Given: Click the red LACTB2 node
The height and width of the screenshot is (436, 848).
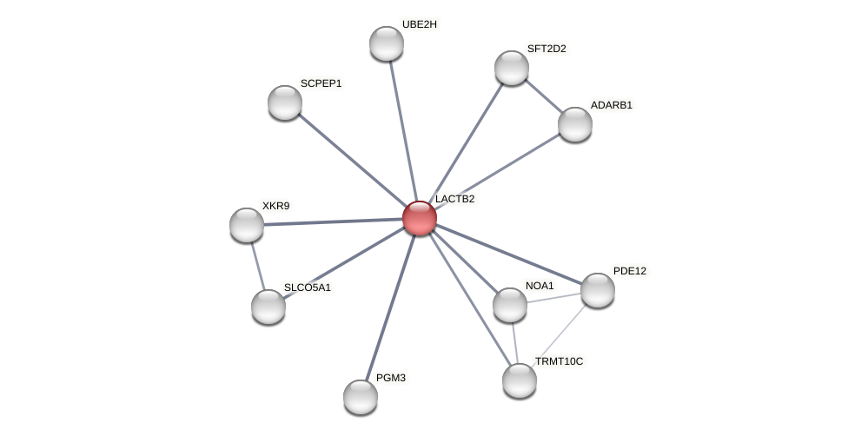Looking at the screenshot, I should (420, 218).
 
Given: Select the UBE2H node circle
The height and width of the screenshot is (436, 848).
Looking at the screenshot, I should (387, 43).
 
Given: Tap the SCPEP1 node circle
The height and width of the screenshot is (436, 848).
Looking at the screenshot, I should (285, 102).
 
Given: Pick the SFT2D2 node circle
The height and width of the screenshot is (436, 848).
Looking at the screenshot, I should (512, 68).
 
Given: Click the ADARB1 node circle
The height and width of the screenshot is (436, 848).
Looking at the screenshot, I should (575, 124).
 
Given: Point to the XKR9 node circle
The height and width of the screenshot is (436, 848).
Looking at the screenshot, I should (247, 225).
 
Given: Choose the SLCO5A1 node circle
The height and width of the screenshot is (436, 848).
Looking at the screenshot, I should (268, 307).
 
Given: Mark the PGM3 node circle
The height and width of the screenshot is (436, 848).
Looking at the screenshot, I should (361, 397).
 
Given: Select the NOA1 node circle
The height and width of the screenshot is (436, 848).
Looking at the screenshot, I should (510, 305).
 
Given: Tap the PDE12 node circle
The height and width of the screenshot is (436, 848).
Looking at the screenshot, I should (598, 290).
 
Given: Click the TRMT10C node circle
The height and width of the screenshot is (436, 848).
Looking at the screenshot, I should (520, 380).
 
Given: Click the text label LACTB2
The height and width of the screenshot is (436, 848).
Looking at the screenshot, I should (454, 199).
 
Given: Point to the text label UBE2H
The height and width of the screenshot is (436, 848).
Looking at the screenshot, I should (419, 24).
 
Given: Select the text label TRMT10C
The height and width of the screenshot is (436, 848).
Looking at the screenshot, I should (559, 360).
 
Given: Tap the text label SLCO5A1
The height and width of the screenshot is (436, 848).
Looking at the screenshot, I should (308, 287).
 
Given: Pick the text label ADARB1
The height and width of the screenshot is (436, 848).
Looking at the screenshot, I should (612, 105).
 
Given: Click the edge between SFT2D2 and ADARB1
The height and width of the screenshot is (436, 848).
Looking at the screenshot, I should (544, 96).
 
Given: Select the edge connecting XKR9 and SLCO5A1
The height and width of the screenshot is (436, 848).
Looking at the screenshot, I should (257, 265).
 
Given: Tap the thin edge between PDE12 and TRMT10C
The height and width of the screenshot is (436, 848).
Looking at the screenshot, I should (560, 334).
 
